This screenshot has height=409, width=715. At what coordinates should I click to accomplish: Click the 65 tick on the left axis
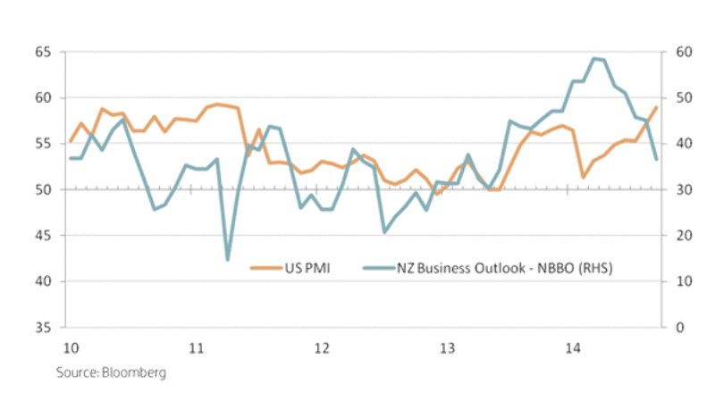click(x=41, y=52)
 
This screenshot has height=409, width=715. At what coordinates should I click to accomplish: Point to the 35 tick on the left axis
click(x=41, y=328)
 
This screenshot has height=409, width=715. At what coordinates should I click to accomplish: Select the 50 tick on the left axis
click(x=41, y=189)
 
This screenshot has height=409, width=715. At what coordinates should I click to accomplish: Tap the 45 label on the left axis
click(x=41, y=236)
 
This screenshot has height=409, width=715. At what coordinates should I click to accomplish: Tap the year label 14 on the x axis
click(x=573, y=347)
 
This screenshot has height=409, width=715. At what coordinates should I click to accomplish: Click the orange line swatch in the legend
click(x=265, y=266)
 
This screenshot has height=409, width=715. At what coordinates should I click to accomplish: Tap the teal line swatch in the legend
click(x=382, y=266)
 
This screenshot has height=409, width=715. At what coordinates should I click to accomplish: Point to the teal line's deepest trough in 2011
click(x=227, y=260)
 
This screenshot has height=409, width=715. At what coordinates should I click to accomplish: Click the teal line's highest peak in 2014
click(x=594, y=58)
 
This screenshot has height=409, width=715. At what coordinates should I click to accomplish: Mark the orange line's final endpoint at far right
click(x=657, y=107)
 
